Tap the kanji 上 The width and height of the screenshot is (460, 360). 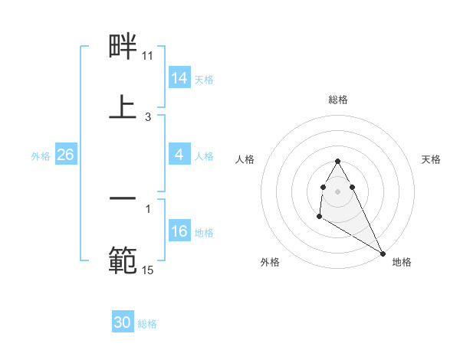[123, 106]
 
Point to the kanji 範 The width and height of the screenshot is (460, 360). [123, 260]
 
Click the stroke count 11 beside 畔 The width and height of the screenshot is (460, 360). [148, 56]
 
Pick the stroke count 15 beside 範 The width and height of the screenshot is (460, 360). [148, 270]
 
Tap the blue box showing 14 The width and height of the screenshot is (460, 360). [179, 78]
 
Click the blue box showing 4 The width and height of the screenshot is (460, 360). [179, 155]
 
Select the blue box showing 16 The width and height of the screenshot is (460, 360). [179, 232]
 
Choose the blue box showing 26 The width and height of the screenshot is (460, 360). [65, 155]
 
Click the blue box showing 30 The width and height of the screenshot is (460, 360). [123, 323]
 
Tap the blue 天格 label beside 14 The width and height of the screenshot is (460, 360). [204, 79]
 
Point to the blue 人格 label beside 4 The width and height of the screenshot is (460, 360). [204, 155]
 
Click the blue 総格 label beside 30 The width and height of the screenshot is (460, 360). [147, 324]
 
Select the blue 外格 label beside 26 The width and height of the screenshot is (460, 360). [41, 155]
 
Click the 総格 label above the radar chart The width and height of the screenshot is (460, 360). [338, 100]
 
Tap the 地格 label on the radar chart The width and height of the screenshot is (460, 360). [402, 262]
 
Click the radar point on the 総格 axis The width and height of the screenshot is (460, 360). [338, 161]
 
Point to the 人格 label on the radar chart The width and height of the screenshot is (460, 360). [245, 159]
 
